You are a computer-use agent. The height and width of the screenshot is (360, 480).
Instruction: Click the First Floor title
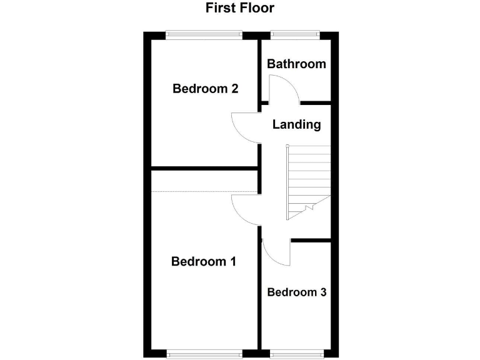[240, 8]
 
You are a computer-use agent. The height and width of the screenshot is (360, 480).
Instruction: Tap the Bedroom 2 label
[205, 88]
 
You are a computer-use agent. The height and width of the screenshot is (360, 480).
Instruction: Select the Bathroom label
[296, 64]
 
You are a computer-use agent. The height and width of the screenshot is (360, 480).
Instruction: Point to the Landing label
[296, 124]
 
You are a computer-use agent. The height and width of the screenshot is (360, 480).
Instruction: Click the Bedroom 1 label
[203, 261]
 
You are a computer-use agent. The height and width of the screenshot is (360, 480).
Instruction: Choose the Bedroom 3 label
[296, 292]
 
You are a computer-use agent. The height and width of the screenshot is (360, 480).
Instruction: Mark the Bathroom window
[295, 35]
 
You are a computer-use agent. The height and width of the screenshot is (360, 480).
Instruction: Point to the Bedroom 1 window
[204, 355]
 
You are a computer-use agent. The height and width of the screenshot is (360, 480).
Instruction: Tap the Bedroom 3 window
[295, 355]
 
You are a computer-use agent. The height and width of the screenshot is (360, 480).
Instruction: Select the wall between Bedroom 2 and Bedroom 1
[205, 167]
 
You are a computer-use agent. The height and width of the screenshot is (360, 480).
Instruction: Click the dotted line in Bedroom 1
[205, 191]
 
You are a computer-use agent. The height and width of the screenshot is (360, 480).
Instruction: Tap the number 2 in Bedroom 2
[234, 88]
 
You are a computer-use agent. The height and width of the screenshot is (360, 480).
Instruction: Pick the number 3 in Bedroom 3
[322, 292]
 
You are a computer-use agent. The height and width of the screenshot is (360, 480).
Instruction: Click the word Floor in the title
[256, 8]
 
